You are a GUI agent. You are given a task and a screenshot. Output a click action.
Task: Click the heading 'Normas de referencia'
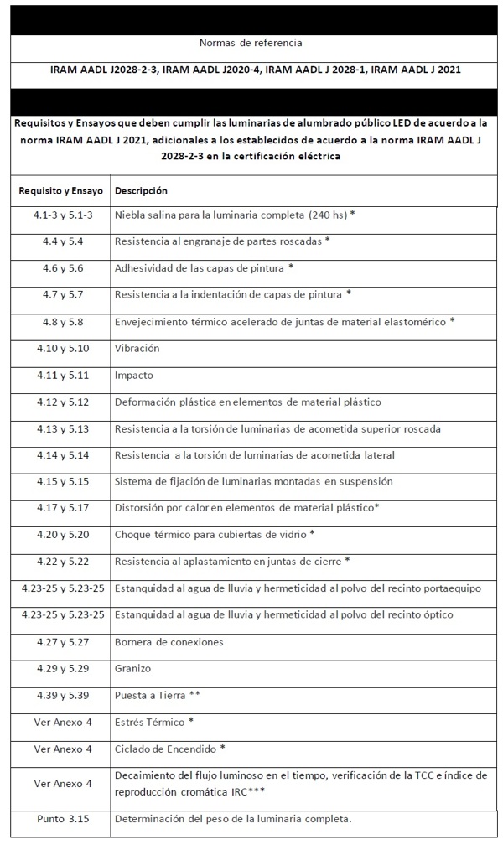click(251, 42)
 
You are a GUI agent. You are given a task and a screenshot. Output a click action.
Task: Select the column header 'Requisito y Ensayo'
click(61, 190)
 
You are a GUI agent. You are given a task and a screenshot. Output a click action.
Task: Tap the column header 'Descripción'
click(141, 190)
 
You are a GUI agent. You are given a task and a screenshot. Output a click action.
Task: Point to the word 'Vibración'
click(137, 348)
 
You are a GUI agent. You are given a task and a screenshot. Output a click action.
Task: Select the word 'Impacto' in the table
click(134, 375)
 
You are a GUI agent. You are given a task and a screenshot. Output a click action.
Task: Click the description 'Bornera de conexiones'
click(169, 642)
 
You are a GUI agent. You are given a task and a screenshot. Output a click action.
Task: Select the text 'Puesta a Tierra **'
click(157, 695)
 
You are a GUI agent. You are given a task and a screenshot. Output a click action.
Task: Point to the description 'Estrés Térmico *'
click(154, 721)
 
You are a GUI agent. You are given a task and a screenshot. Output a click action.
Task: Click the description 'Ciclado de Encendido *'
click(170, 748)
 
